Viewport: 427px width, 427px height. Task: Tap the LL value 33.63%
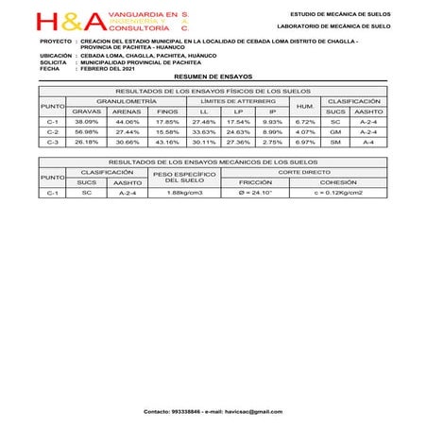(204, 132)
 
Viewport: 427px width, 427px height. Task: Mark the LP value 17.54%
(238, 122)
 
